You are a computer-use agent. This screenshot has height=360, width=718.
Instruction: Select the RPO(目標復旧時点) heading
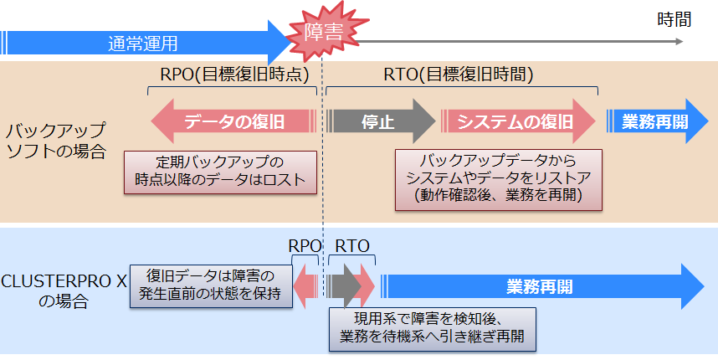(233, 75)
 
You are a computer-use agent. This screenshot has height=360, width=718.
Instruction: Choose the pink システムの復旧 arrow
(515, 122)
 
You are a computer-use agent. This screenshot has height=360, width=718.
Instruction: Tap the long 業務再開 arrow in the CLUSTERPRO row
(540, 287)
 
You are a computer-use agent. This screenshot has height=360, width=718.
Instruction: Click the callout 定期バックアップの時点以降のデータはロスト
(221, 171)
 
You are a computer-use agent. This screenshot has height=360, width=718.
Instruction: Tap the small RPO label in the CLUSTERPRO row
(305, 246)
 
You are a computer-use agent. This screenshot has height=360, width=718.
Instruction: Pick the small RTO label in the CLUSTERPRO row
(352, 246)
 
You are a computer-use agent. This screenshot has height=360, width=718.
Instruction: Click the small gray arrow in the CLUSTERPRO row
(343, 287)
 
